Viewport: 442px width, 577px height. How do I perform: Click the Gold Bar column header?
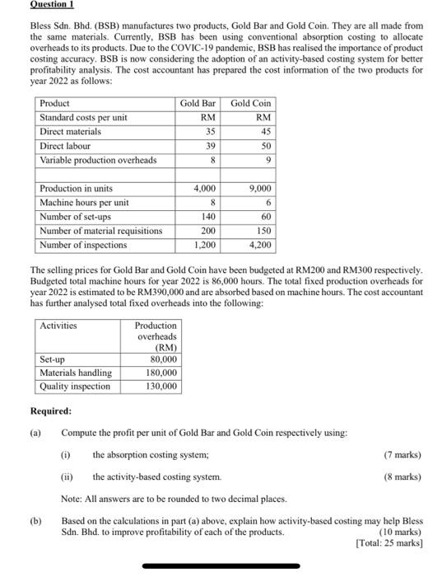click(198, 103)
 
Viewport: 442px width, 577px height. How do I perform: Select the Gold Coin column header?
click(250, 103)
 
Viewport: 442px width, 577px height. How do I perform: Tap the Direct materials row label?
click(71, 131)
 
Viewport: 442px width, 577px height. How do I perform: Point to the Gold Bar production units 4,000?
click(204, 189)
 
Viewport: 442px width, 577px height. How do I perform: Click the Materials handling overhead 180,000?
click(161, 373)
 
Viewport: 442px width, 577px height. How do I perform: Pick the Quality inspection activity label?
click(75, 386)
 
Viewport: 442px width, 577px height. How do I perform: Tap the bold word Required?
click(50, 410)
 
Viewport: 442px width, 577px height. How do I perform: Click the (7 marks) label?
click(402, 454)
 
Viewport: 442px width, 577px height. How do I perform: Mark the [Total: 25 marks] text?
click(388, 542)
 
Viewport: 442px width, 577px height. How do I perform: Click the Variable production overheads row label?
click(98, 159)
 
